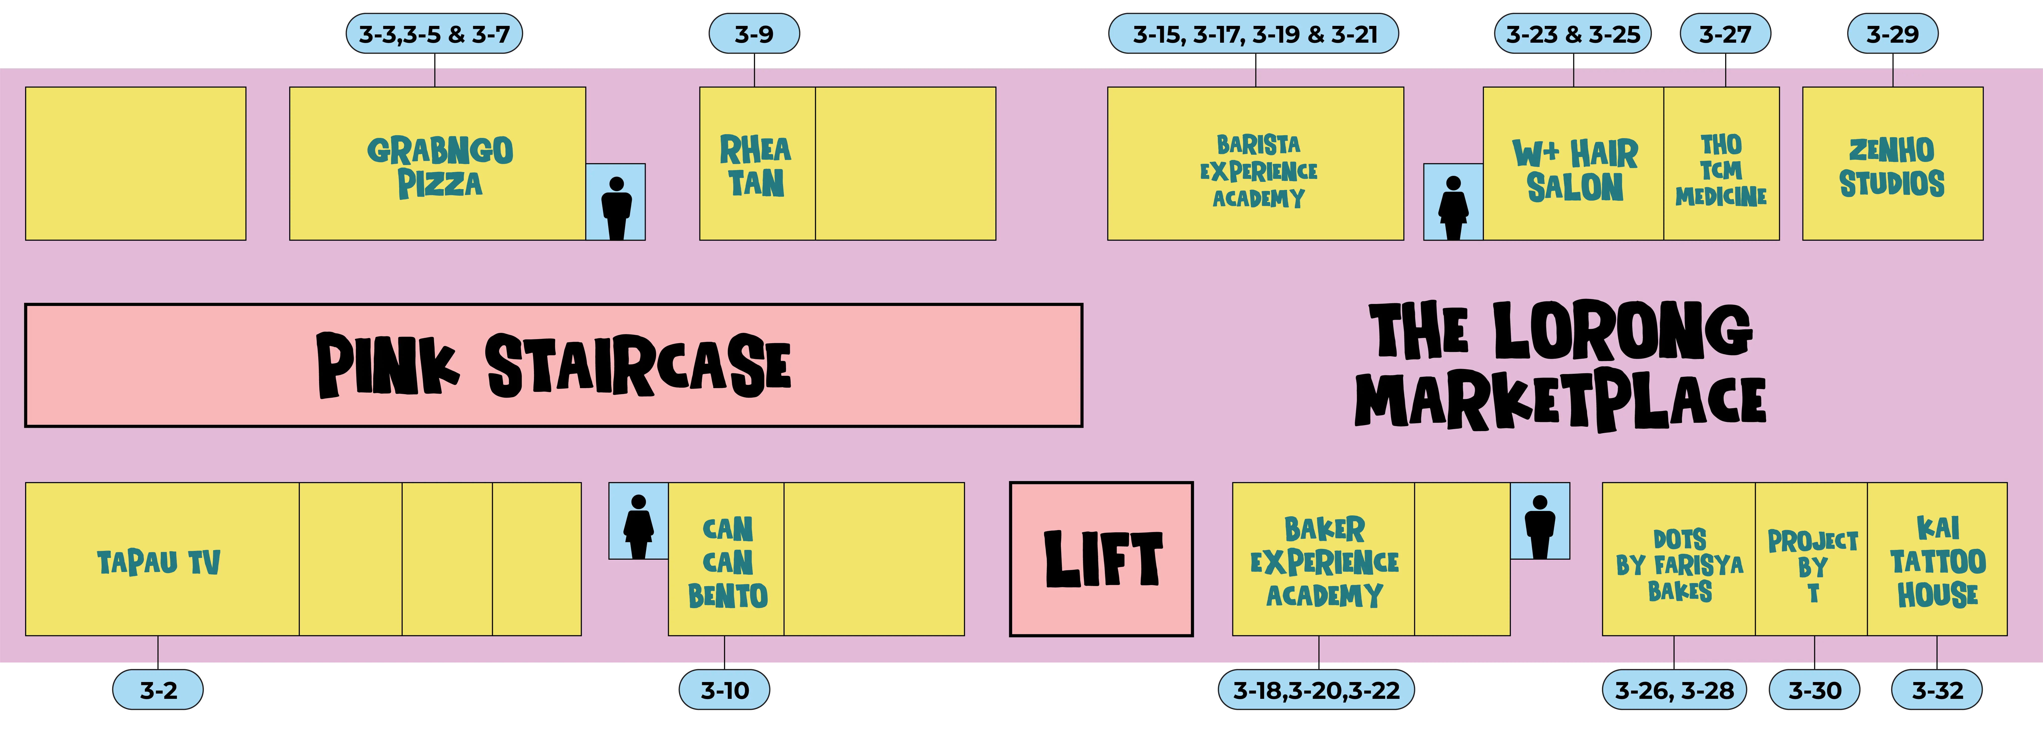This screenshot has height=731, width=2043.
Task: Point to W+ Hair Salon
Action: (x=1574, y=170)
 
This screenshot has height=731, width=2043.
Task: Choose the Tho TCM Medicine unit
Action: (x=1721, y=170)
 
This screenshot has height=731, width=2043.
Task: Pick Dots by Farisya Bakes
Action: (x=1679, y=564)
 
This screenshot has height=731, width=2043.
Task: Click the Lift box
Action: (x=1101, y=559)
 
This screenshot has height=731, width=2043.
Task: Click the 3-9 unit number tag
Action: (x=753, y=34)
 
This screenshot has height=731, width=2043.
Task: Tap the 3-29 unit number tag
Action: (x=1892, y=34)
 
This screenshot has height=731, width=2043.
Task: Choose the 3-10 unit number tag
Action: (x=724, y=690)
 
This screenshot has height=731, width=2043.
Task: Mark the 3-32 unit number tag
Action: (x=1937, y=690)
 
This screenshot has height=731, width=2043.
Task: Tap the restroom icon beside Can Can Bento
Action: (x=638, y=521)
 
